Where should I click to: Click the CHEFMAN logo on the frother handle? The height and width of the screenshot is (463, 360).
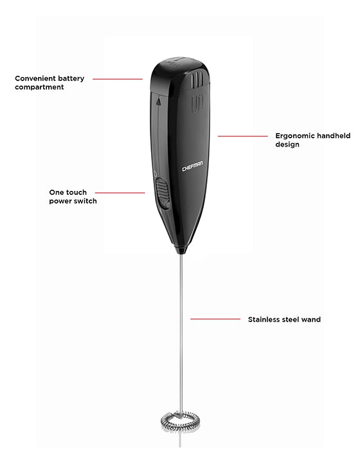[192, 167]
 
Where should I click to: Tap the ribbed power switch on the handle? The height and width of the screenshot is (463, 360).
[162, 193]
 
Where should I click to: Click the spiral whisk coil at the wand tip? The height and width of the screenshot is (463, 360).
[180, 421]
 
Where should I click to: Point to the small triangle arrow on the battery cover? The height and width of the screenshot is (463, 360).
[158, 102]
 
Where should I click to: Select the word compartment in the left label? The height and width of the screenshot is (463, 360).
[39, 87]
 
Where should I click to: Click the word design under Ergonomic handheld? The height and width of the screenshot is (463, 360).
[287, 145]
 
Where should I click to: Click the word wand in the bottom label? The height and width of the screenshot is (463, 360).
[311, 320]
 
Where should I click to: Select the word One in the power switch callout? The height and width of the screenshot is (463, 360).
[55, 192]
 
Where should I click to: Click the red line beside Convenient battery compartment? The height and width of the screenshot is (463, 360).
[118, 79]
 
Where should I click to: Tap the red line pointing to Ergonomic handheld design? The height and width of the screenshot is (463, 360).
[242, 136]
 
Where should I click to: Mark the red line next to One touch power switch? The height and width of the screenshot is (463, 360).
[120, 193]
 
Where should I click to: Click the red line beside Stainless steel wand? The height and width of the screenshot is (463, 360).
[215, 319]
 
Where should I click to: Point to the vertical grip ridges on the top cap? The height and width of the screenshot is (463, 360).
[197, 80]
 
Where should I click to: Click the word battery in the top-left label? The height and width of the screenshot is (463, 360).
[71, 78]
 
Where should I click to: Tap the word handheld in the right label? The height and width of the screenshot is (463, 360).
[334, 136]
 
